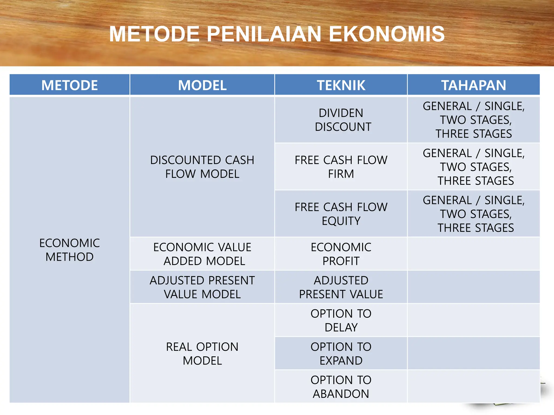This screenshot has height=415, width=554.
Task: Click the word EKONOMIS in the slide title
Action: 387,34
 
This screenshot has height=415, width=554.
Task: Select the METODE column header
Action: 70,85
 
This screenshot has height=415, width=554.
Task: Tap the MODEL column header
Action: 202,85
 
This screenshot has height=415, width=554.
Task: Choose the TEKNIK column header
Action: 341,85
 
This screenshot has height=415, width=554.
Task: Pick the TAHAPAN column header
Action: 473,85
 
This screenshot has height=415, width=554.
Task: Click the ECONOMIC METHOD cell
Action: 70,250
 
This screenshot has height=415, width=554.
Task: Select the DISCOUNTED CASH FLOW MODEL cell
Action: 202,167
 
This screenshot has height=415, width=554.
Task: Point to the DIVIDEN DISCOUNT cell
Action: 341,120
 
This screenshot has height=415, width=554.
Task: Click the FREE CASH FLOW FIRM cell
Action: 341,167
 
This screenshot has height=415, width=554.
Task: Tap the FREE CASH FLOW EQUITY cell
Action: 341,214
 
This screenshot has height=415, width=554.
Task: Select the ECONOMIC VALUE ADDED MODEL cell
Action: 202,254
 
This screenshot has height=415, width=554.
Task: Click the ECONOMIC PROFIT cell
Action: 341,254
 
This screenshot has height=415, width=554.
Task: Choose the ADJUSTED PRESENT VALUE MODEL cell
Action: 202,287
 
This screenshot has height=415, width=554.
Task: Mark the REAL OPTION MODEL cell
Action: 202,353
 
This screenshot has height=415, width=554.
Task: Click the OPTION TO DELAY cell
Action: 341,320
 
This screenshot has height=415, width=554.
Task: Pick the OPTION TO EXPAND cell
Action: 341,353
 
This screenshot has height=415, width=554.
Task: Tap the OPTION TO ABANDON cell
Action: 341,387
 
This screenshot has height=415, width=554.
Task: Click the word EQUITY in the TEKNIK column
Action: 341,221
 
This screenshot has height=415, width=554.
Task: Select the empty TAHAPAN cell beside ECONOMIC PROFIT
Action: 473,254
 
